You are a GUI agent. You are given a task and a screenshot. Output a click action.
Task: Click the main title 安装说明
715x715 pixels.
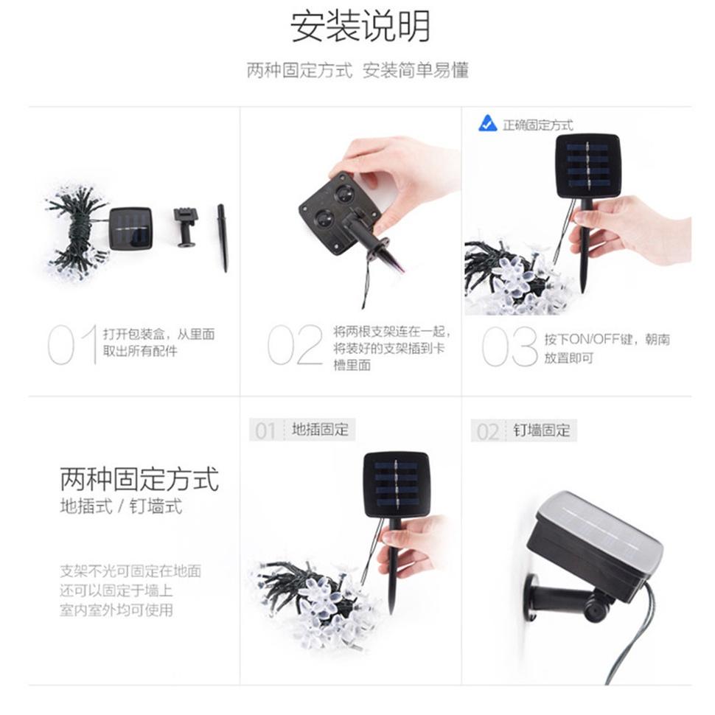(x=360, y=27)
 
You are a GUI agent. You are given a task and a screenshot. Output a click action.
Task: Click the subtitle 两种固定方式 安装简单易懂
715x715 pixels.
(x=357, y=71)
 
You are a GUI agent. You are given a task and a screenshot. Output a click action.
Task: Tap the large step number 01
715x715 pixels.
(x=71, y=344)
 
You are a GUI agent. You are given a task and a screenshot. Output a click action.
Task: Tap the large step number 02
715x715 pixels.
(x=295, y=344)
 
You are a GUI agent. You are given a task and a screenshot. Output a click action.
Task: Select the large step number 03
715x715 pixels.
(x=509, y=346)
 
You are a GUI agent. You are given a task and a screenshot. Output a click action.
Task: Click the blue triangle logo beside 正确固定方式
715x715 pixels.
(x=487, y=124)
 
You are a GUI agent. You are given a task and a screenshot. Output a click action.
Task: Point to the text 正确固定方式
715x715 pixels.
(x=537, y=125)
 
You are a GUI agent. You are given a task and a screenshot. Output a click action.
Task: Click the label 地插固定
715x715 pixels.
(x=320, y=430)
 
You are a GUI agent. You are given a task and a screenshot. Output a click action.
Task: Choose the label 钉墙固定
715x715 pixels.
(x=542, y=430)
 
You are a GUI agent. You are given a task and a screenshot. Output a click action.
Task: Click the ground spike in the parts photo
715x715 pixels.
(x=222, y=237)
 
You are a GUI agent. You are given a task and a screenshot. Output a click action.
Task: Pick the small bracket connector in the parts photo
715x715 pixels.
(x=185, y=226)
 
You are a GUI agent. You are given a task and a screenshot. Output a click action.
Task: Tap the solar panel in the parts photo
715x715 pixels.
(x=130, y=228)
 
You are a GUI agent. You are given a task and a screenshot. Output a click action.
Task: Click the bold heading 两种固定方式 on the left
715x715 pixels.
(x=139, y=478)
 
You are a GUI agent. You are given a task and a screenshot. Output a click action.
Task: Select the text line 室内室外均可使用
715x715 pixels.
(x=116, y=610)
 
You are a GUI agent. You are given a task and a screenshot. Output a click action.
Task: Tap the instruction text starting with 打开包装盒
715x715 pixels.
(x=158, y=343)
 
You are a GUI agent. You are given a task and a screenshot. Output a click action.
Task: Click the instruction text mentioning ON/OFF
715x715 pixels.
(x=606, y=349)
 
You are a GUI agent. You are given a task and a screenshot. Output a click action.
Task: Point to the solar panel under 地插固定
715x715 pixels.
(x=396, y=484)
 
